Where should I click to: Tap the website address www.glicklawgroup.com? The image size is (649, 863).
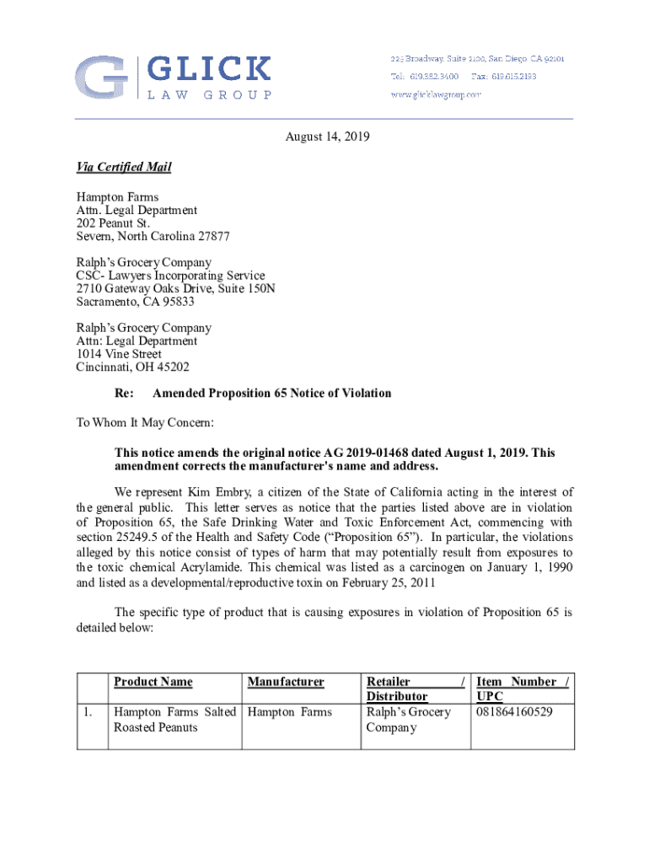pyautogui.click(x=435, y=94)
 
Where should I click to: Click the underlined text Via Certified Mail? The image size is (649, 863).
pyautogui.click(x=124, y=167)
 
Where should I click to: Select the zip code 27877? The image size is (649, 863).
pyautogui.click(x=212, y=237)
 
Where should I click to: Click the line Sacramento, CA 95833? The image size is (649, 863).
pyautogui.click(x=136, y=302)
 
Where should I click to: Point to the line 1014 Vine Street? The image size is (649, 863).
pyautogui.click(x=119, y=354)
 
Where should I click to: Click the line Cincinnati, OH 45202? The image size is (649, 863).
pyautogui.click(x=133, y=367)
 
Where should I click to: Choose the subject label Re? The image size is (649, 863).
pyautogui.click(x=124, y=394)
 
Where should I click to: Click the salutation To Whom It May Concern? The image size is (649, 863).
pyautogui.click(x=146, y=421)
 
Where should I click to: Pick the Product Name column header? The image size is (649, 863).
pyautogui.click(x=153, y=682)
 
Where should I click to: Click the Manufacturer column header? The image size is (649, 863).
pyautogui.click(x=286, y=682)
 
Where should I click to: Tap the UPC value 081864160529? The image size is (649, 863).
pyautogui.click(x=514, y=712)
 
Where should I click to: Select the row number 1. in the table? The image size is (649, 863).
pyautogui.click(x=88, y=712)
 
